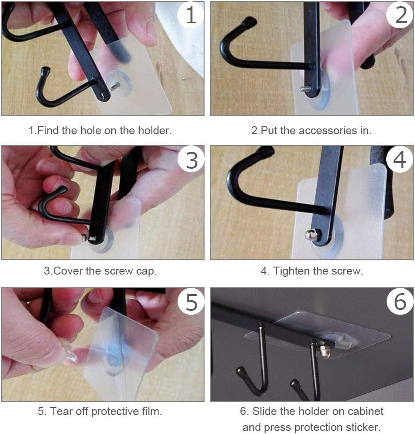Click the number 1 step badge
(x=191, y=15)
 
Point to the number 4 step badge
(x=399, y=160)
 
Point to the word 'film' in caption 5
(x=150, y=411)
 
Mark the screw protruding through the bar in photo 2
(x=305, y=89)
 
